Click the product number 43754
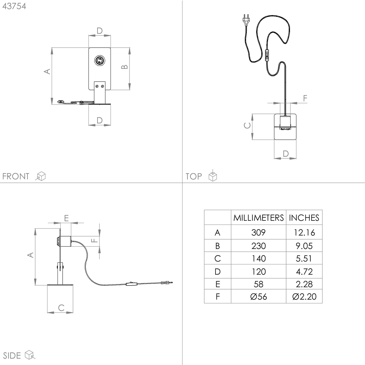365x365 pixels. [14, 6]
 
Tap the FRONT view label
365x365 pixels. [16, 176]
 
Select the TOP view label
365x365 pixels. [194, 176]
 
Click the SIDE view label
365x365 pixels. [12, 355]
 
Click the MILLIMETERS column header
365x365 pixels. [258, 218]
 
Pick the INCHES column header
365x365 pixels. [304, 218]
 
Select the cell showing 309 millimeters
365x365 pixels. [258, 232]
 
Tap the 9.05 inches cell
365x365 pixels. [304, 246]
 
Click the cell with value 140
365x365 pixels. [258, 258]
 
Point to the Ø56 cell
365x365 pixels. [258, 297]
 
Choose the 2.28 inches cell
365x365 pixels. [304, 284]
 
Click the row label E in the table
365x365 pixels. [217, 284]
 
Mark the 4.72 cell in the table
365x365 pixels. [304, 271]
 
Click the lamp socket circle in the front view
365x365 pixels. [99, 61]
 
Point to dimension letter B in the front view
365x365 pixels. [124, 67]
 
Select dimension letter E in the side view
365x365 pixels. [66, 218]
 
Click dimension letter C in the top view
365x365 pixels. [247, 125]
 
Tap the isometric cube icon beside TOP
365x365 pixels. [213, 176]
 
